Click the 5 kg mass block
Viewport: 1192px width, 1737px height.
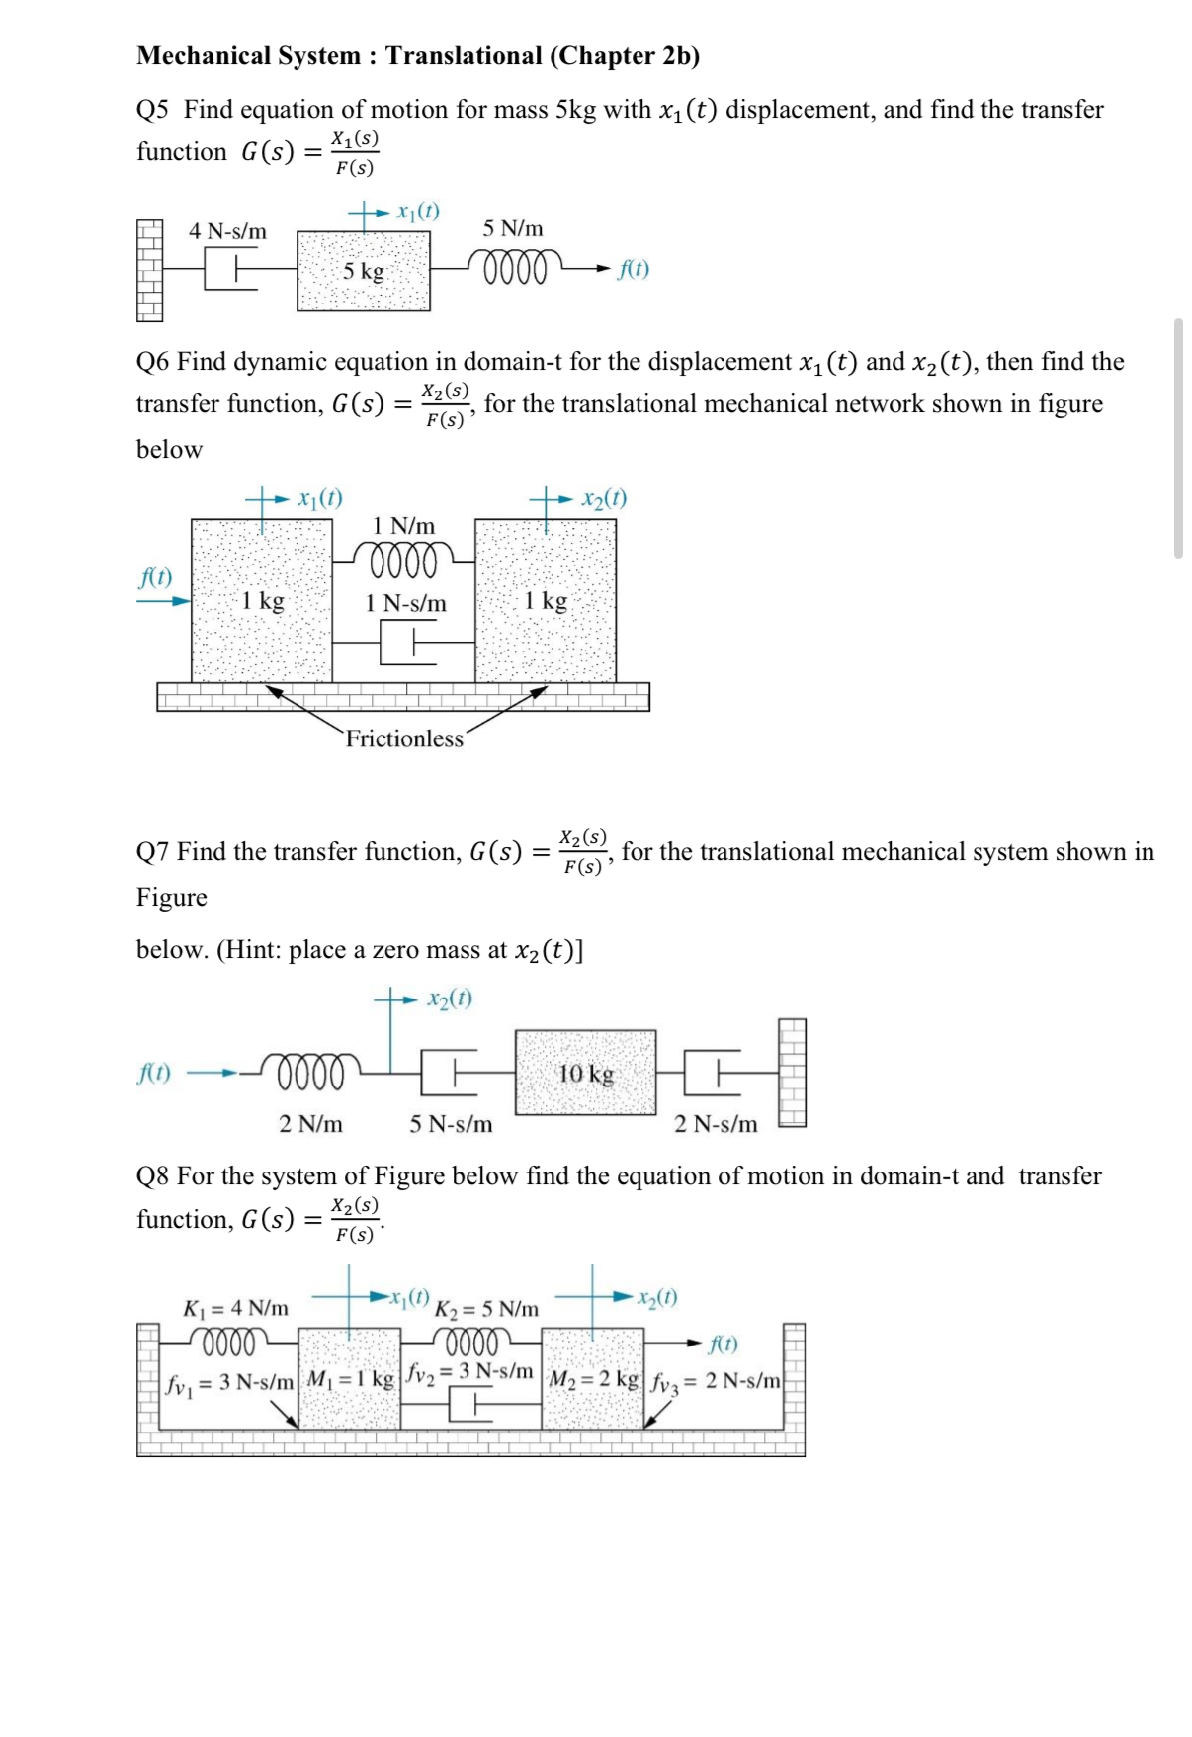(x=364, y=271)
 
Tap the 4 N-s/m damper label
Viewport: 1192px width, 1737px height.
(x=227, y=231)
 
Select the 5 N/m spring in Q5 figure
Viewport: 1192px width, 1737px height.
(x=514, y=267)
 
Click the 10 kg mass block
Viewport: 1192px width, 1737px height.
(x=585, y=1074)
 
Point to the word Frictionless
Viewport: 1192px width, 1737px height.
(x=404, y=738)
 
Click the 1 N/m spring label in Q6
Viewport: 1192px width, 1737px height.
(x=403, y=526)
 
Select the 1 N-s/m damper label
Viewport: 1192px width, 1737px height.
(x=405, y=603)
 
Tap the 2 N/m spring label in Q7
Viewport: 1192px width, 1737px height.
(x=310, y=1124)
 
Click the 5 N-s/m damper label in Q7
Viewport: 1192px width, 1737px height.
(x=451, y=1124)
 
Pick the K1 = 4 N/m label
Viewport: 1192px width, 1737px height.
(x=236, y=1308)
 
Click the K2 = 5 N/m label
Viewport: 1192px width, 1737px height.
(x=486, y=1309)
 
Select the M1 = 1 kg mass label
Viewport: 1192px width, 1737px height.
(x=350, y=1378)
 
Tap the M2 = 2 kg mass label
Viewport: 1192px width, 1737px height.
(x=593, y=1379)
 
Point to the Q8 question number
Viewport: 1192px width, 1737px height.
(x=152, y=1176)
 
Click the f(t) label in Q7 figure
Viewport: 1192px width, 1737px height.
(x=153, y=1073)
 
